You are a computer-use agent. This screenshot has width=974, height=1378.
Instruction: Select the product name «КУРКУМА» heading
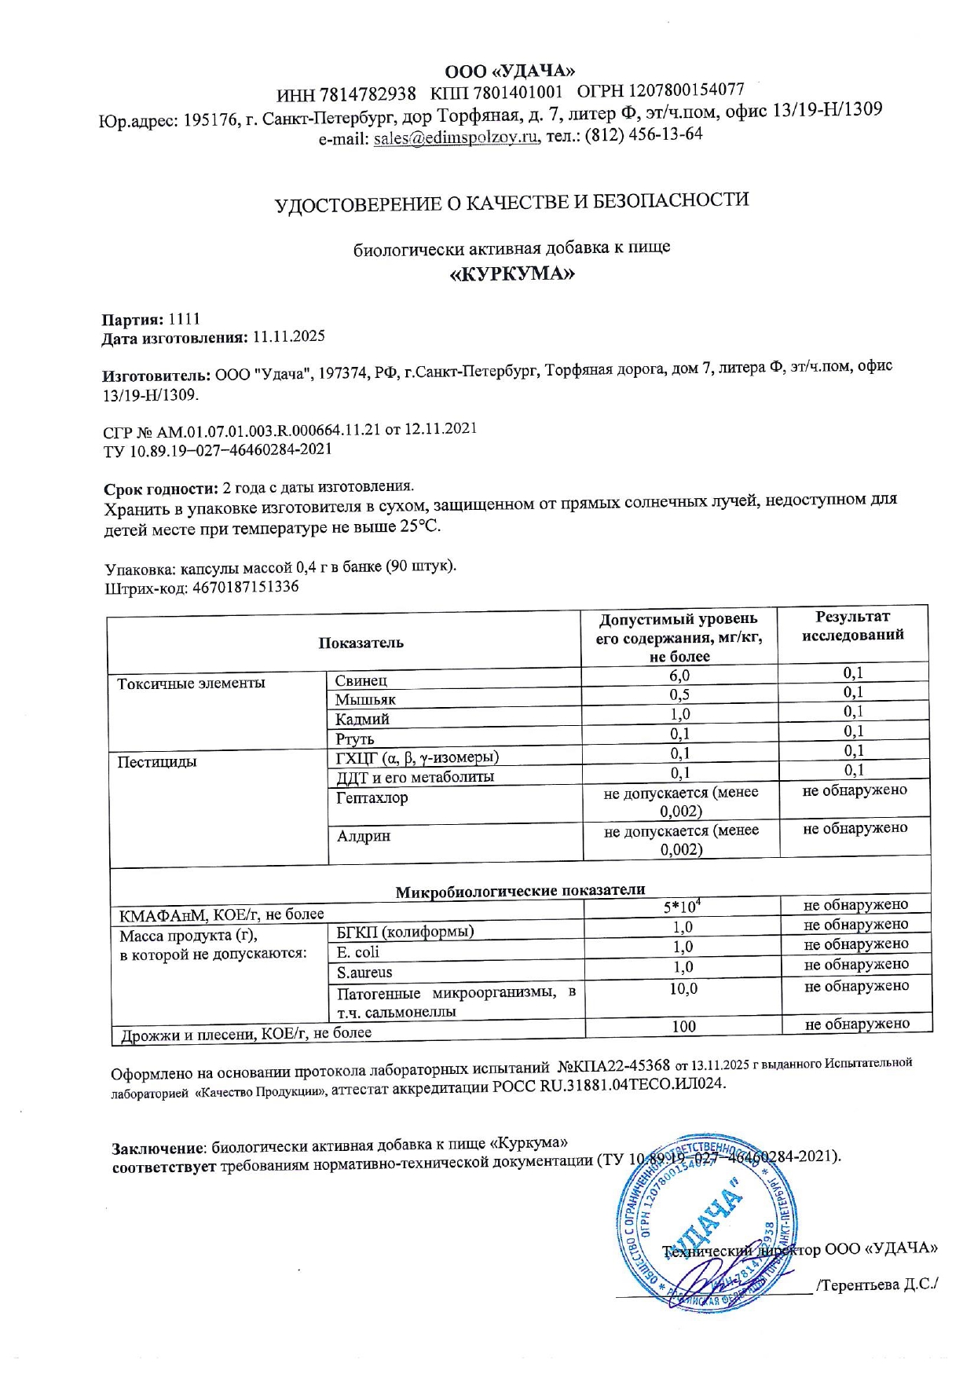(511, 274)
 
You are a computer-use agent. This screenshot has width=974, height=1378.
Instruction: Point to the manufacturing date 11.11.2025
(288, 337)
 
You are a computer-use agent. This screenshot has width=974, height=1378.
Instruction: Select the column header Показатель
(361, 643)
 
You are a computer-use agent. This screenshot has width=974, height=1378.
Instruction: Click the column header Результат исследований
(852, 626)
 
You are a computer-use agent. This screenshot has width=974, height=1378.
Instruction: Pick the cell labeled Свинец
(361, 680)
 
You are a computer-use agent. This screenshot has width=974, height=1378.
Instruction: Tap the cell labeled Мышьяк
(365, 699)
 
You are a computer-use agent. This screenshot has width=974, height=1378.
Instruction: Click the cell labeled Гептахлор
(372, 798)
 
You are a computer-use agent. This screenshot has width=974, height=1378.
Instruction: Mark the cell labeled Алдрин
(364, 836)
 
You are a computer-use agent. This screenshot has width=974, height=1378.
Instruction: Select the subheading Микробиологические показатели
(520, 890)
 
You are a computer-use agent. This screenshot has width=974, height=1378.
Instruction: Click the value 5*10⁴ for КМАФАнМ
(682, 907)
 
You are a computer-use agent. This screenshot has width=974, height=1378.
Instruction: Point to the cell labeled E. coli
(357, 952)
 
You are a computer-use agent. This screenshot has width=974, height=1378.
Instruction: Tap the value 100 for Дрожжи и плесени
(683, 1026)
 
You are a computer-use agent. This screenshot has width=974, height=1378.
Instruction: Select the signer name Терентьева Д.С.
(878, 1285)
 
